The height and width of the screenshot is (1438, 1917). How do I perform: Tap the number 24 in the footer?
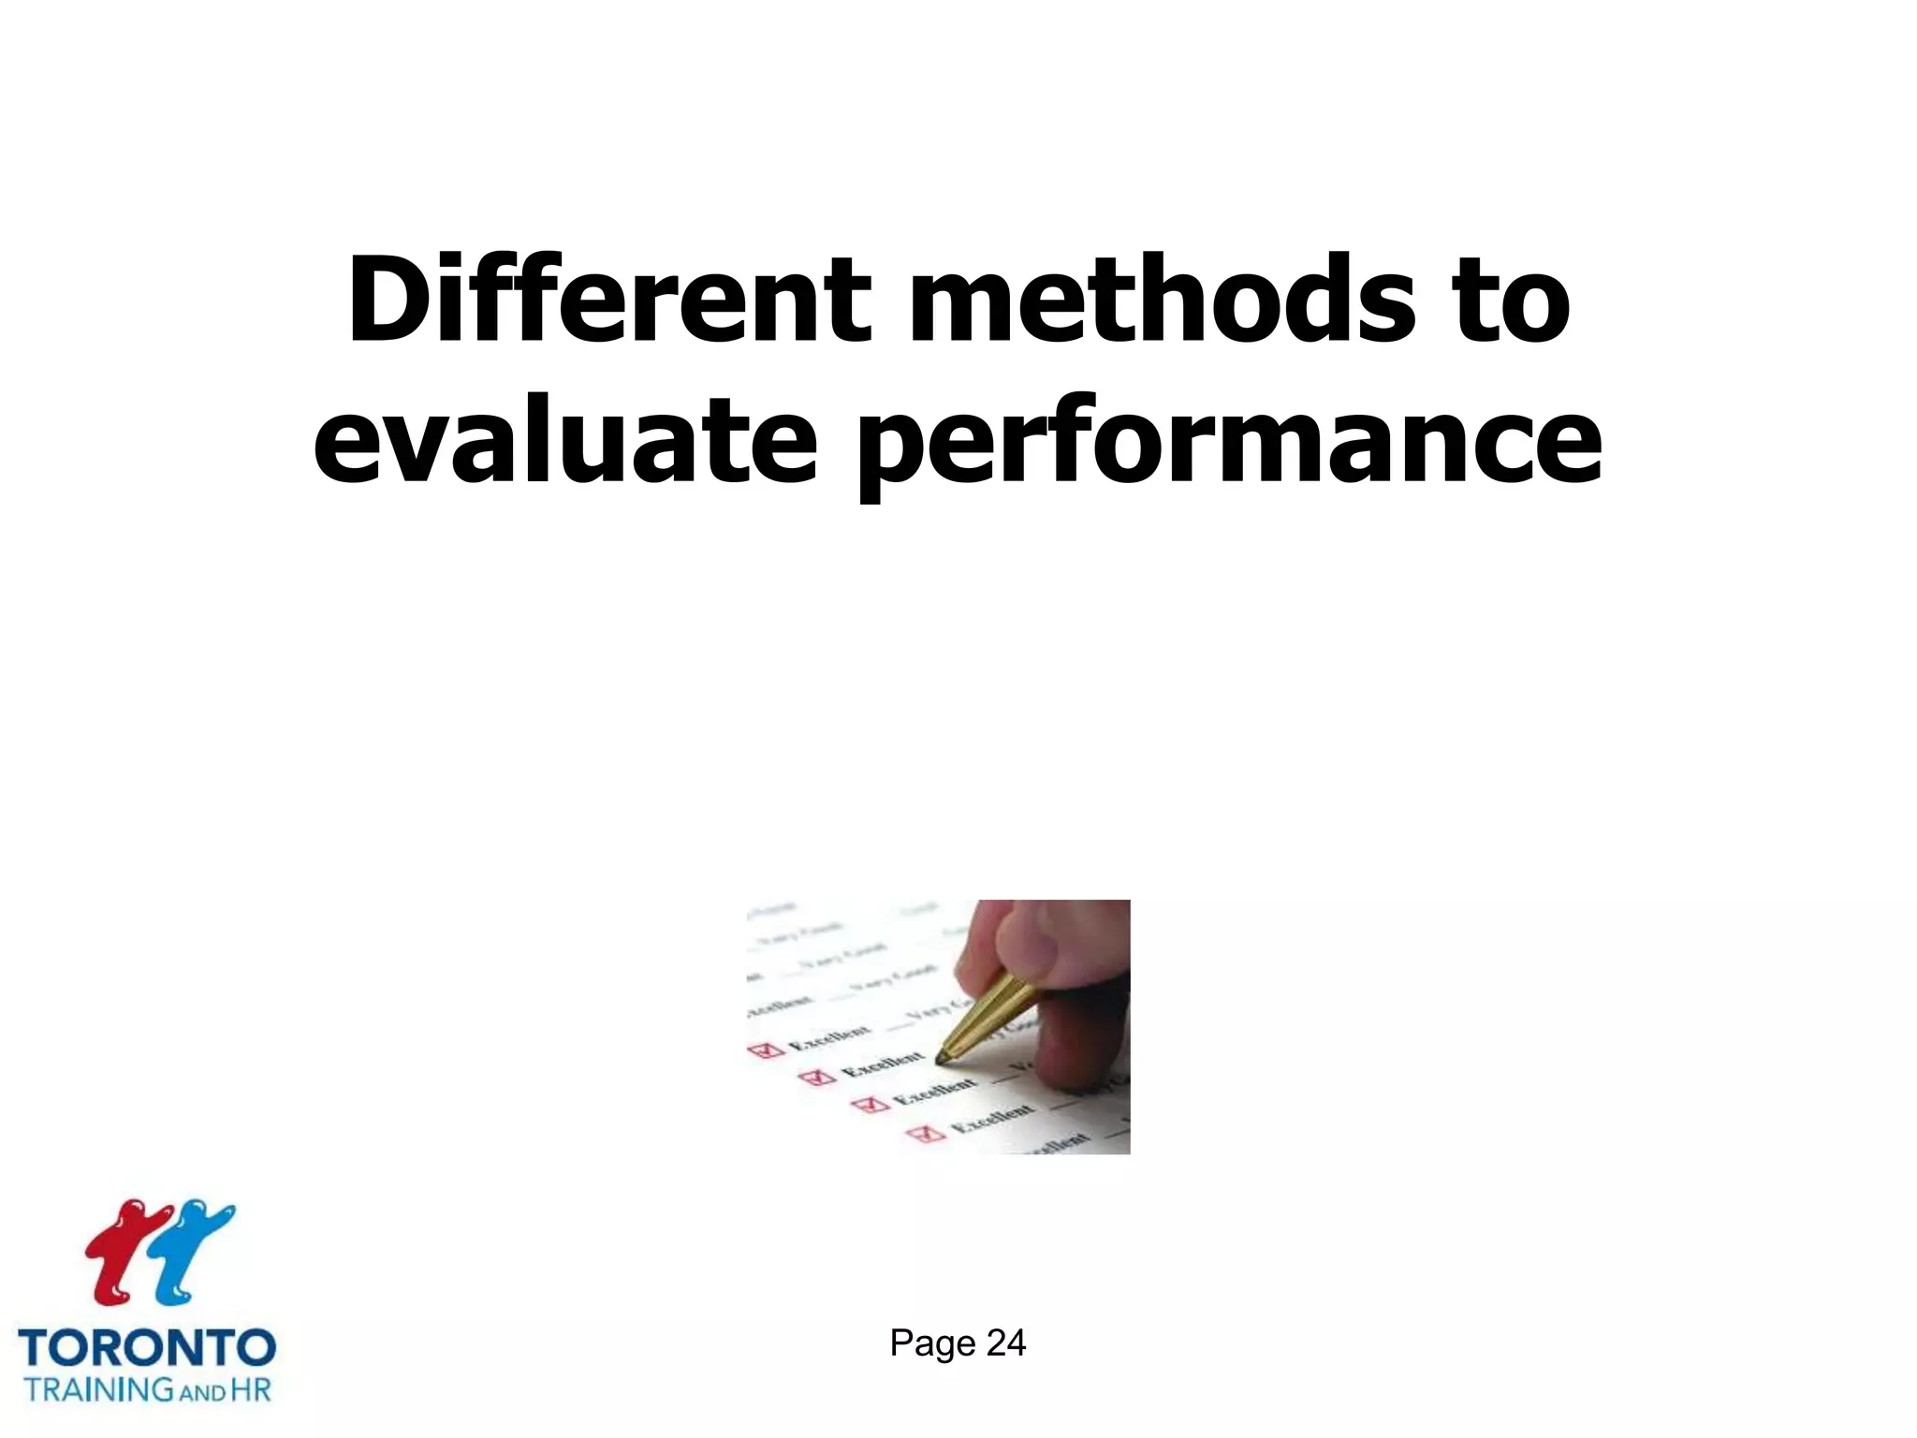pyautogui.click(x=1006, y=1343)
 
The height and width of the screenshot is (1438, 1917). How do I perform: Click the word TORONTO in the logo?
pyautogui.click(x=147, y=1349)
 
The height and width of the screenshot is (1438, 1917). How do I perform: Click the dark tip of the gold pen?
pyautogui.click(x=942, y=1059)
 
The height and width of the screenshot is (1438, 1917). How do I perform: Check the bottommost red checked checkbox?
pyautogui.click(x=928, y=1134)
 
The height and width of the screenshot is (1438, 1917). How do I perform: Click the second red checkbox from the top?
pyautogui.click(x=820, y=1078)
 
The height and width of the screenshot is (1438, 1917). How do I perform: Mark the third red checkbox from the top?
pyautogui.click(x=872, y=1105)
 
